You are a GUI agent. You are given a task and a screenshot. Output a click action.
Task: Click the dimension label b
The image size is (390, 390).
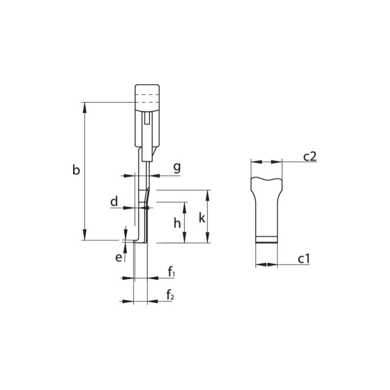76,171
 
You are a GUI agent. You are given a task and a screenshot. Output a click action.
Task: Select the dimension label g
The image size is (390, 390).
177,167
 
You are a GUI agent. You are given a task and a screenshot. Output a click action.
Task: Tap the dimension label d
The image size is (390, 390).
114,201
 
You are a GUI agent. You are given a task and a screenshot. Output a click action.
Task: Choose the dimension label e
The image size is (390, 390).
118,257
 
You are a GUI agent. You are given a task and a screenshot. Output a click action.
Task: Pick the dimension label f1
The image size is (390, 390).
171,272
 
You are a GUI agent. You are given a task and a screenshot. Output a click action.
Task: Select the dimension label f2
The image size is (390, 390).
170,295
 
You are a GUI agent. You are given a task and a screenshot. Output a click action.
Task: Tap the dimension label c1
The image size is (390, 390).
304,258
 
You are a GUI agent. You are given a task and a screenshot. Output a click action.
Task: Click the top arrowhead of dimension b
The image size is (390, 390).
85,106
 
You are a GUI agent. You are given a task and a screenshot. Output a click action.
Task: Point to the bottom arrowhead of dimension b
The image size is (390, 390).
85,236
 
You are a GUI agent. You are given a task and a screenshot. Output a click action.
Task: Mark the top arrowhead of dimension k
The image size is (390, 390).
208,194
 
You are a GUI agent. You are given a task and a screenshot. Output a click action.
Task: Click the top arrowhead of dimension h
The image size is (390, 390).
184,205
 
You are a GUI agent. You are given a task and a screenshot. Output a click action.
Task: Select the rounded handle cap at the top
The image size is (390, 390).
147,93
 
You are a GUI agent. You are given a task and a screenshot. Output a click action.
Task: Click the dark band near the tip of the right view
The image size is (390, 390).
267,239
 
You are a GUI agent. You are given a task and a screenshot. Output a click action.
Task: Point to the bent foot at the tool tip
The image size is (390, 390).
139,241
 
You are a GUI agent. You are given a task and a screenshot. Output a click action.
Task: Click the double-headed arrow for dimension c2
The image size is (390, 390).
266,161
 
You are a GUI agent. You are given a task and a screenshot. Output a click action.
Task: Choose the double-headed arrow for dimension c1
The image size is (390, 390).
267,265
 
